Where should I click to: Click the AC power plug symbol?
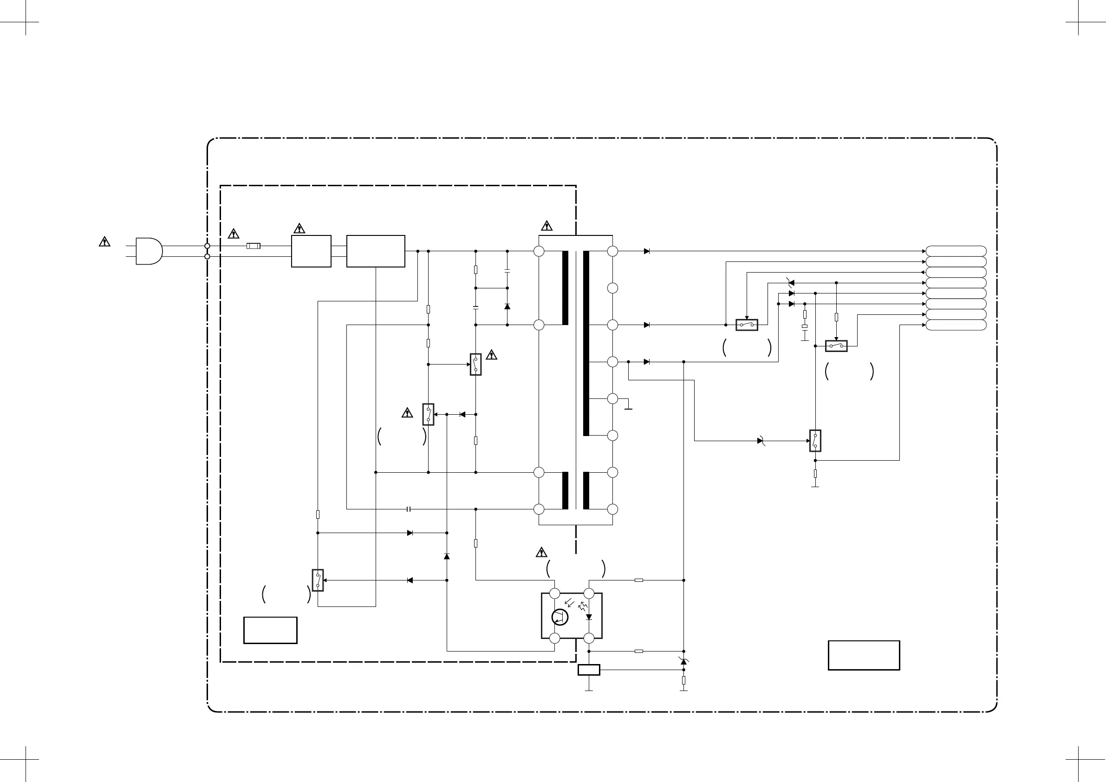pyautogui.click(x=149, y=251)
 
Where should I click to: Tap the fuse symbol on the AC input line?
pyautogui.click(x=254, y=246)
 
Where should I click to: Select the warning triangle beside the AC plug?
pyautogui.click(x=104, y=241)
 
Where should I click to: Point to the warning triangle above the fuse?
pyautogui.click(x=233, y=234)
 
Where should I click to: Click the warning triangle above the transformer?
pyautogui.click(x=546, y=226)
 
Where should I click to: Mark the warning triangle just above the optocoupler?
pyautogui.click(x=541, y=552)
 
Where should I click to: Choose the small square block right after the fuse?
pyautogui.click(x=311, y=251)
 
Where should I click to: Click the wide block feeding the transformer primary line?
pyautogui.click(x=376, y=251)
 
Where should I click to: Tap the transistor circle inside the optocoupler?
pyautogui.click(x=560, y=617)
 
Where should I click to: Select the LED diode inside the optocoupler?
pyautogui.click(x=589, y=617)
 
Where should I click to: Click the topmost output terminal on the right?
pyautogui.click(x=956, y=251)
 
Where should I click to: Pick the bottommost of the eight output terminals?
pyautogui.click(x=956, y=325)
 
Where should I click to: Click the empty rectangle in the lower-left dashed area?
pyautogui.click(x=270, y=630)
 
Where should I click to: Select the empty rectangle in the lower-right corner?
pyautogui.click(x=864, y=655)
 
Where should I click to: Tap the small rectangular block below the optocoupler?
pyautogui.click(x=589, y=670)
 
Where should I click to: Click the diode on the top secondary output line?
pyautogui.click(x=647, y=251)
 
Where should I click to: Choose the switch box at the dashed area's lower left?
pyautogui.click(x=318, y=580)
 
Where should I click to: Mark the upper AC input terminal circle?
pyautogui.click(x=207, y=246)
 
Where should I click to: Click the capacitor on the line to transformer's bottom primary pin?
pyautogui.click(x=409, y=509)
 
